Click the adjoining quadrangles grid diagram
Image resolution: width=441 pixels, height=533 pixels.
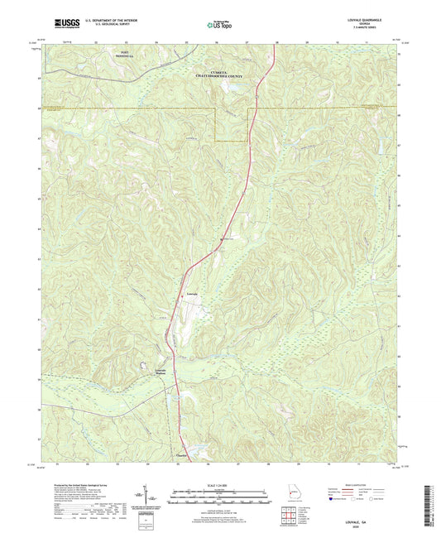pyautogui.click(x=287, y=515)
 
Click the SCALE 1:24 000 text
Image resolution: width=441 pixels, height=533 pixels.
pyautogui.click(x=219, y=486)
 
